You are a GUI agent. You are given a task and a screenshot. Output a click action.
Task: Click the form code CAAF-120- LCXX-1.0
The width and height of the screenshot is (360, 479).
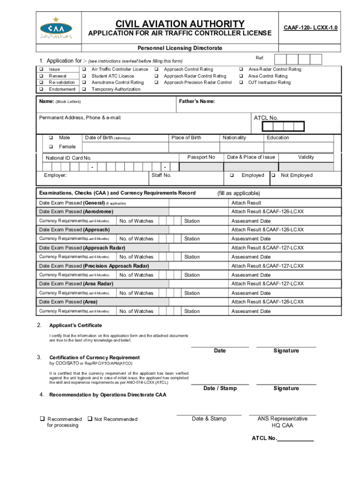click(x=311, y=28)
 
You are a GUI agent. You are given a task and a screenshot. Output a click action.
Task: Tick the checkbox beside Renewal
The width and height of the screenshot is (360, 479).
click(x=41, y=76)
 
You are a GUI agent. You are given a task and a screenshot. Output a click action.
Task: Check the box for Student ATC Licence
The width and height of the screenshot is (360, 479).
click(x=84, y=76)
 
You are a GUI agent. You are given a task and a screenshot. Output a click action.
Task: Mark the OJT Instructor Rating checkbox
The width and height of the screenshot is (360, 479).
click(x=241, y=82)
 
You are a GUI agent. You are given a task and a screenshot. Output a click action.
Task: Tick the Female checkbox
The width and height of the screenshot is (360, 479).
click(x=50, y=147)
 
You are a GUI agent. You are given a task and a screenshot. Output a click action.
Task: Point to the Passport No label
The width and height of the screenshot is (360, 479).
click(x=201, y=157)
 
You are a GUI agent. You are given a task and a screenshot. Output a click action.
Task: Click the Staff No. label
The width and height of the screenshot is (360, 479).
click(x=162, y=175)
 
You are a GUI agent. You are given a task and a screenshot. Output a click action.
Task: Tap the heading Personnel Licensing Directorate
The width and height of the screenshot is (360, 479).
click(x=180, y=48)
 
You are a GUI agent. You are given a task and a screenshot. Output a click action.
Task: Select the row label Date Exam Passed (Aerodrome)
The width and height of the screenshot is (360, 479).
click(x=76, y=212)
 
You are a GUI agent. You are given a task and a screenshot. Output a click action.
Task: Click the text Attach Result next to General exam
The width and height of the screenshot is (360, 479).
click(x=246, y=203)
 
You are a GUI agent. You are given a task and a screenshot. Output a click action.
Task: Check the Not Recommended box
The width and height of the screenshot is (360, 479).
click(x=90, y=419)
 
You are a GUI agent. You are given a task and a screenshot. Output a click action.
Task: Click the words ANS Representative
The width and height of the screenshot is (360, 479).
click(x=282, y=419)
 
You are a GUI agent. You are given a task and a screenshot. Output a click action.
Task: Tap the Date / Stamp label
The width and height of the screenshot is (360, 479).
click(x=220, y=388)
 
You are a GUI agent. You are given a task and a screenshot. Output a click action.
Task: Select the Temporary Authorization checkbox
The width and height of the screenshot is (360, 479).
click(x=84, y=89)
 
